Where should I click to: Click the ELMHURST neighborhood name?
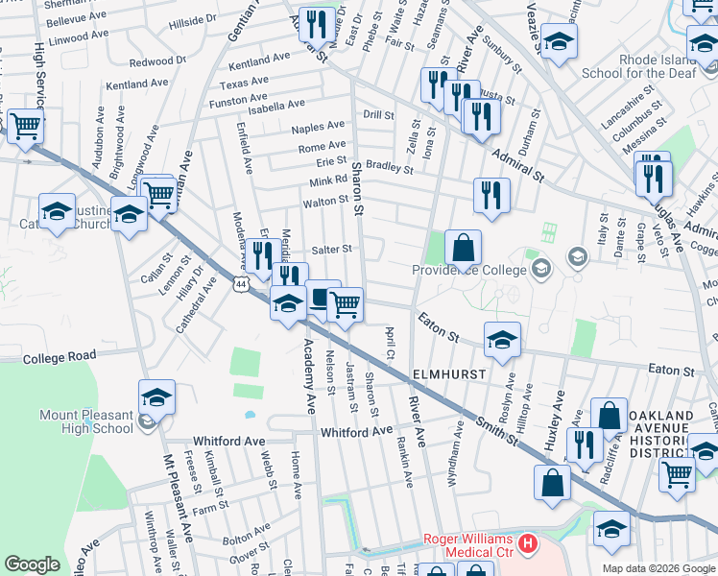tap(452, 372)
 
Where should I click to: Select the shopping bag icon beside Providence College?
tap(463, 248)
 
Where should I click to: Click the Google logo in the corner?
tap(32, 564)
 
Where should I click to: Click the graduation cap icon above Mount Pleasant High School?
tap(157, 396)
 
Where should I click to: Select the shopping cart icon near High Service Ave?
tap(26, 125)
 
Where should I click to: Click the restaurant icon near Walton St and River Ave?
tap(491, 195)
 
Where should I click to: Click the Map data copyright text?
tap(658, 568)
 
